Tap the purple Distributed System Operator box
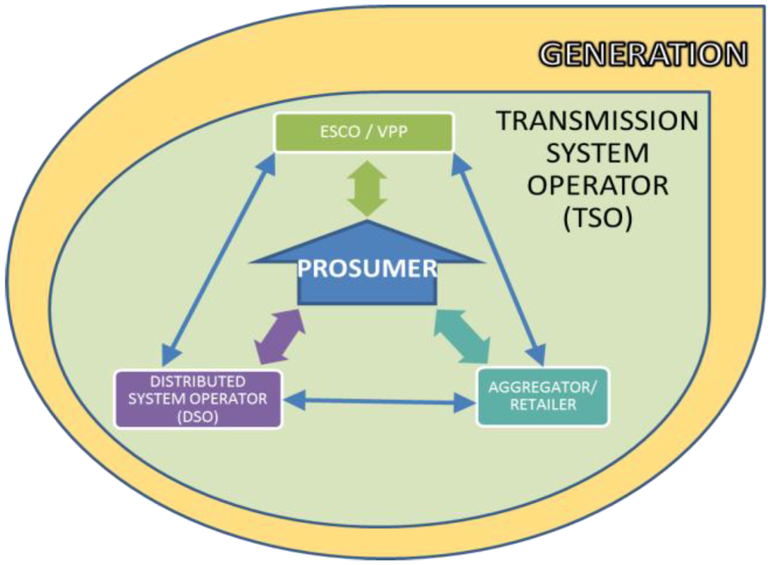[x=198, y=399]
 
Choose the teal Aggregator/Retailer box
[x=542, y=396]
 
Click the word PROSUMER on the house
[x=368, y=268]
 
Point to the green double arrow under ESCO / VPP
[x=367, y=188]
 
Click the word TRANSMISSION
[x=596, y=121]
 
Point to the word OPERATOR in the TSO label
[x=596, y=185]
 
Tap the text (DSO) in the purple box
[x=198, y=415]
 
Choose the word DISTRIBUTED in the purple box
[x=198, y=382]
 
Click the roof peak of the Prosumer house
[x=367, y=224]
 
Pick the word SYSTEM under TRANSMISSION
[x=596, y=153]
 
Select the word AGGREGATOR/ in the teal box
[x=542, y=387]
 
